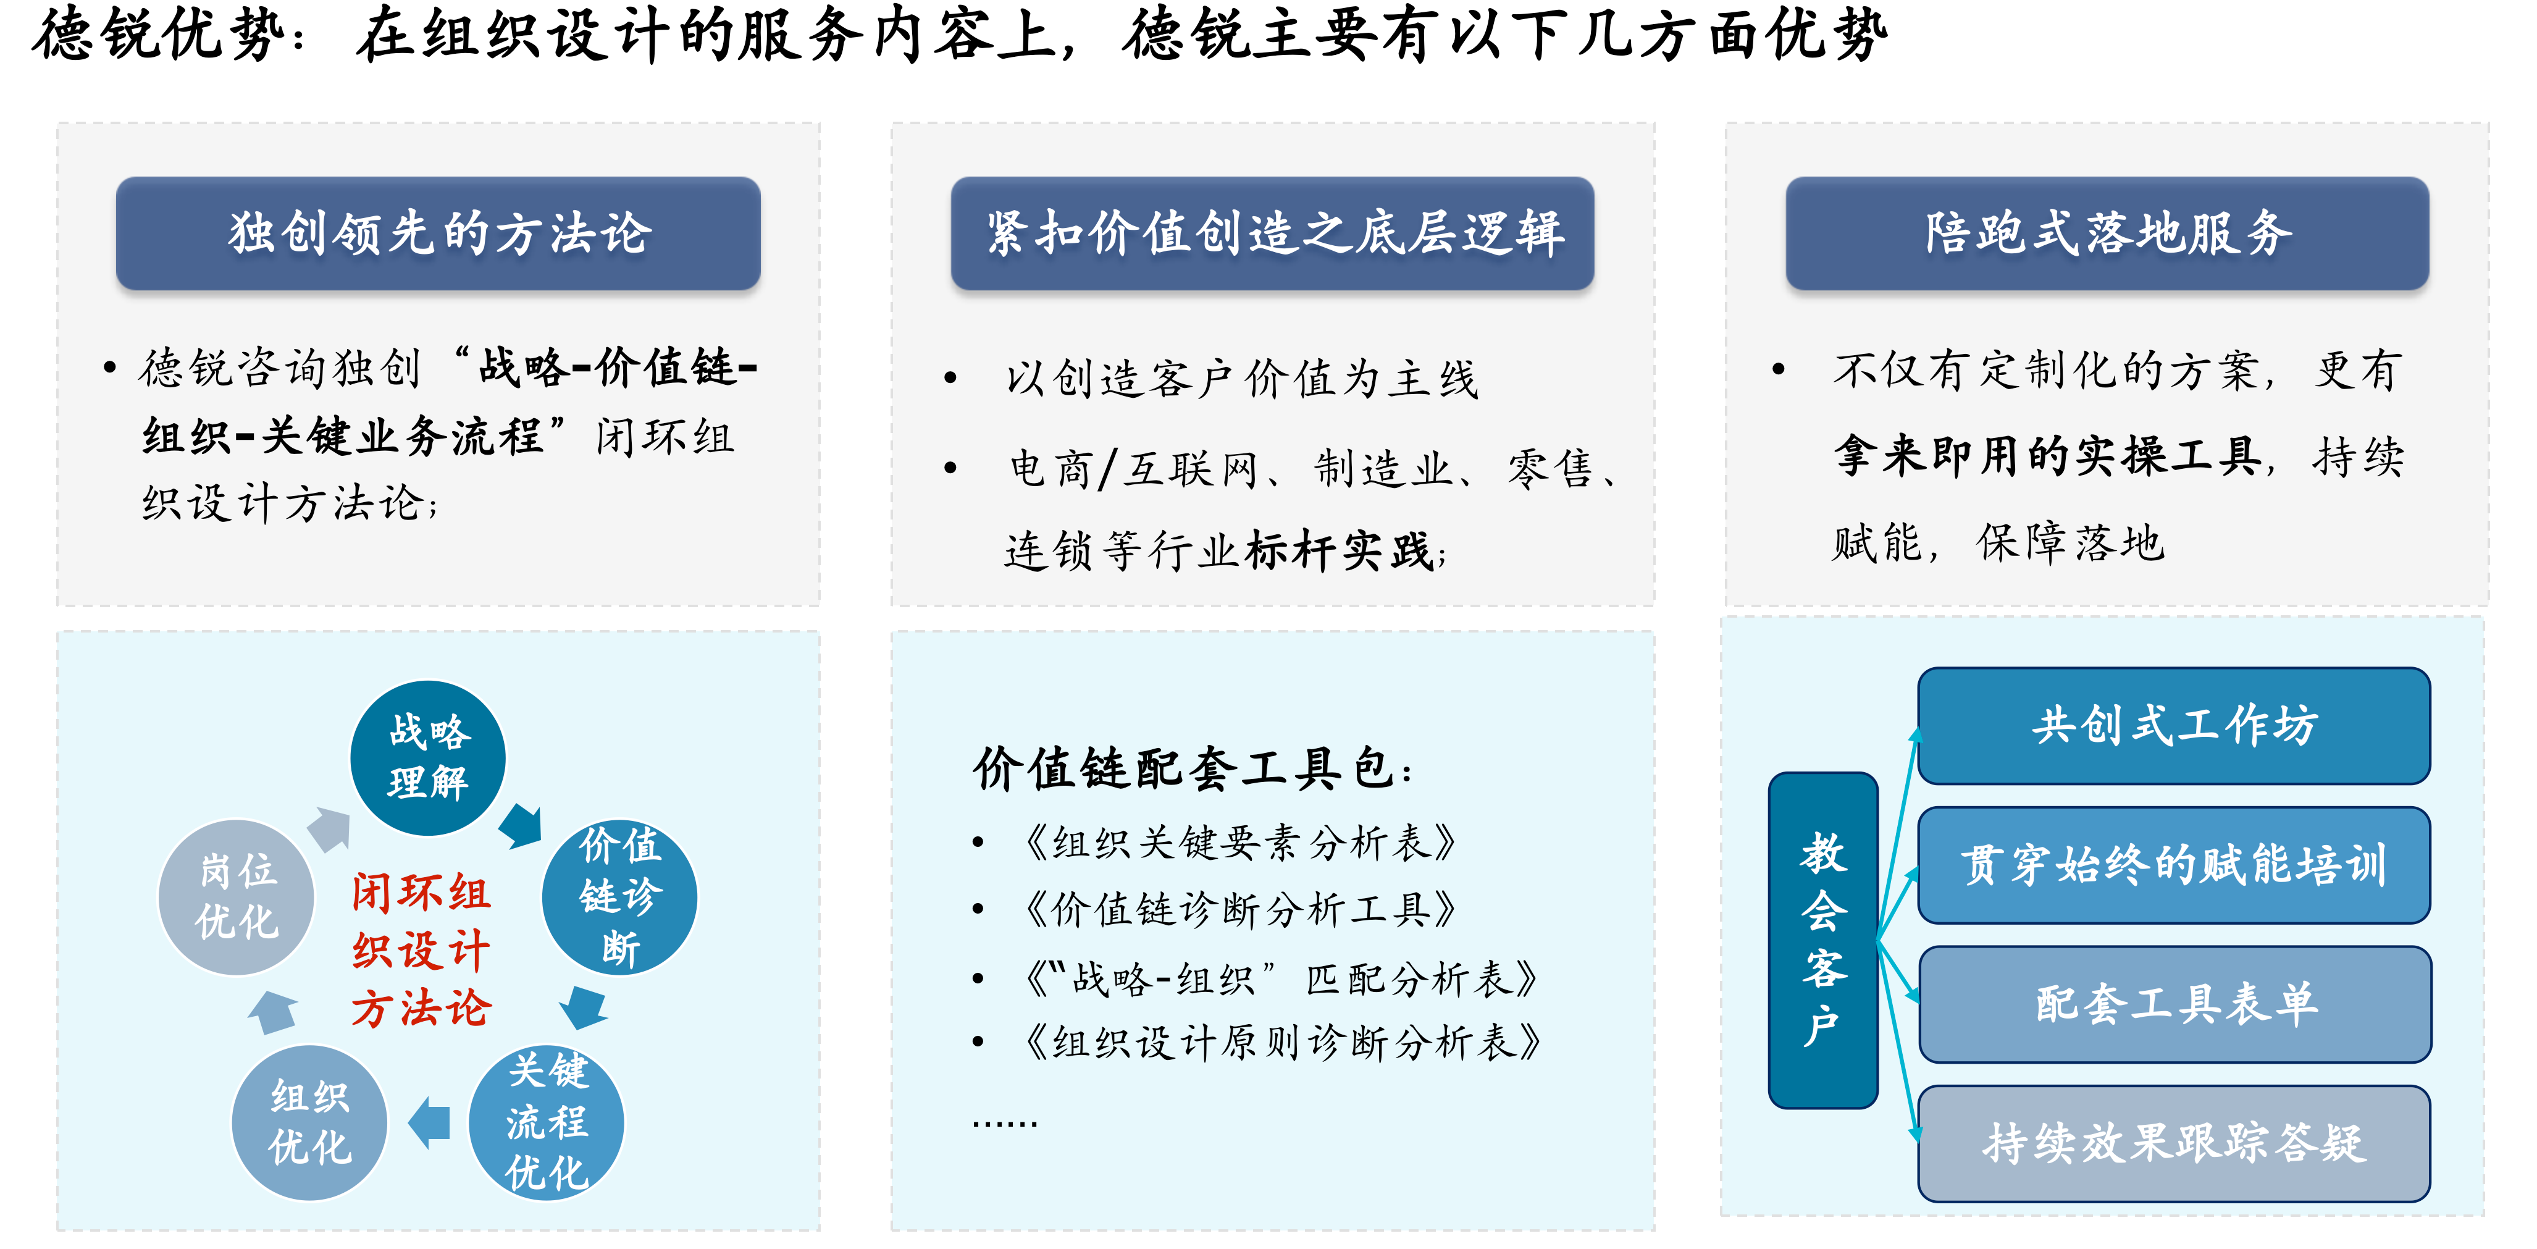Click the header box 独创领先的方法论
(x=438, y=233)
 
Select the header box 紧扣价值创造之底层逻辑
(x=1272, y=233)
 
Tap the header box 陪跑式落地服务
(x=2108, y=233)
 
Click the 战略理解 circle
(x=429, y=757)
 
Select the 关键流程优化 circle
(x=547, y=1122)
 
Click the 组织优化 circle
(x=309, y=1122)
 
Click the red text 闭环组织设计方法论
(x=422, y=951)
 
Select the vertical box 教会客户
(x=1823, y=941)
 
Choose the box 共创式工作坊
(x=2174, y=726)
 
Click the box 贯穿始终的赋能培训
(x=2174, y=865)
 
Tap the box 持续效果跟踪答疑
(x=2174, y=1143)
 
